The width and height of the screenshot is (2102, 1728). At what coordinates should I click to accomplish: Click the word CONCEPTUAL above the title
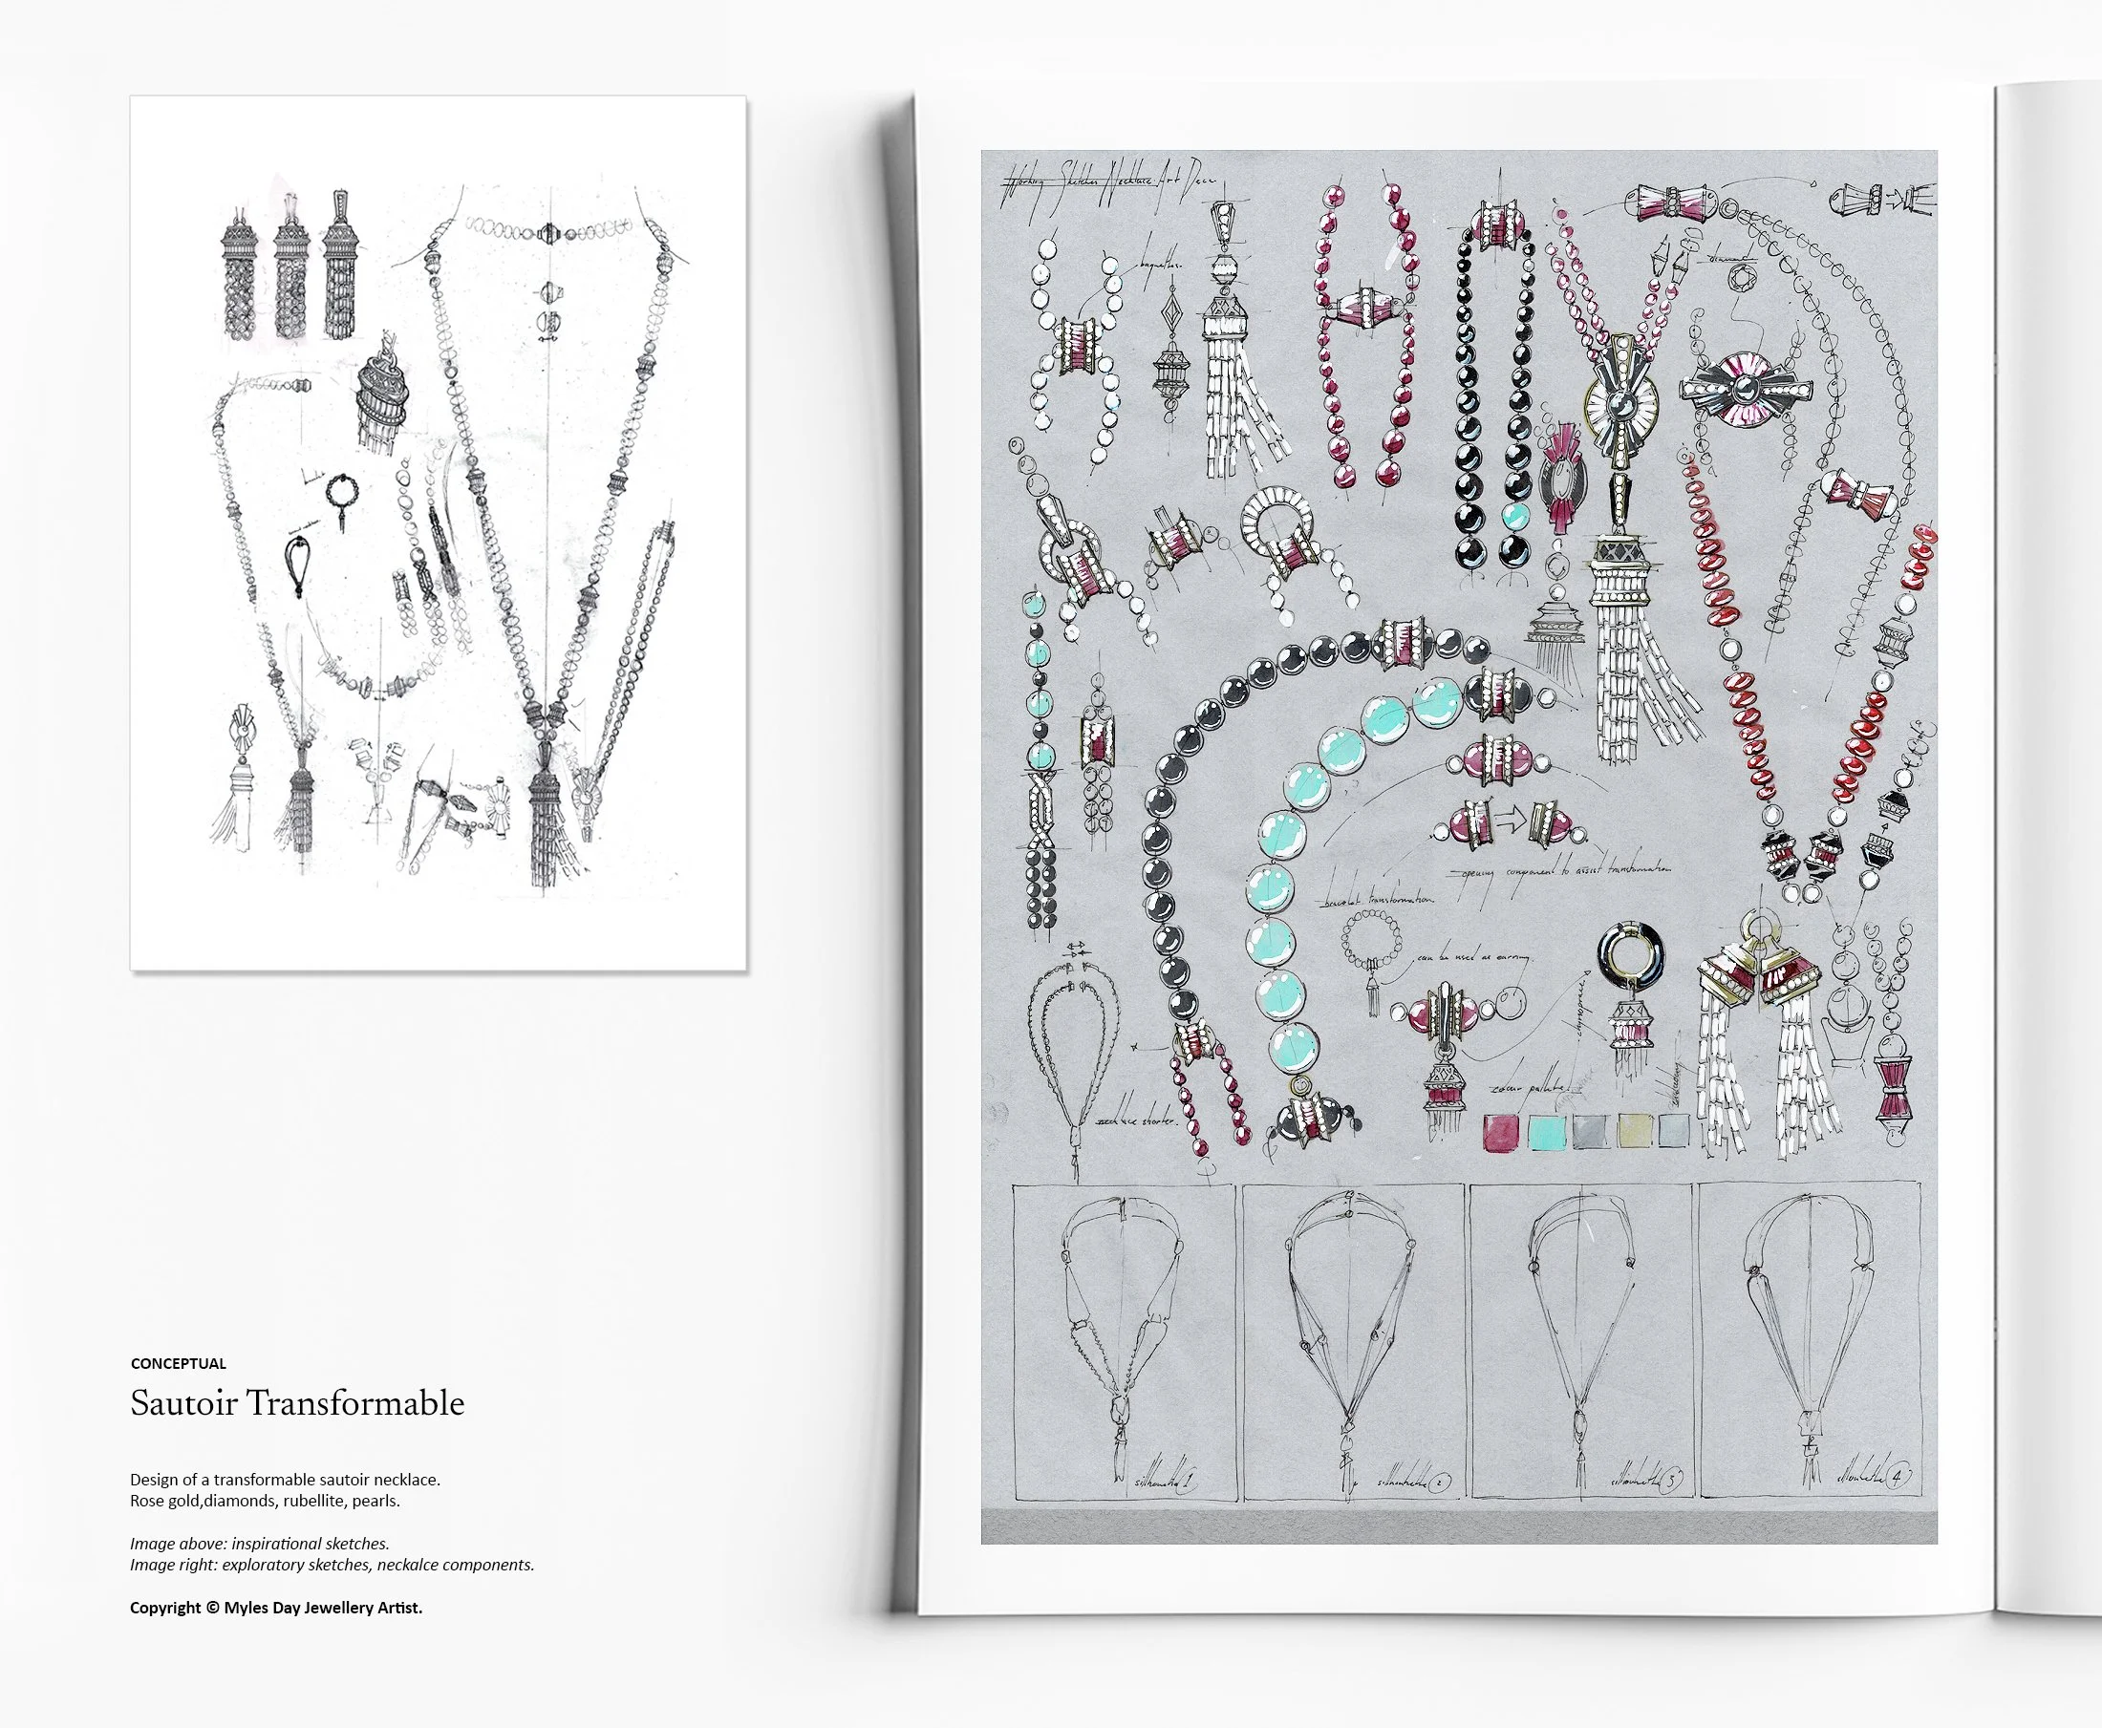(x=179, y=1364)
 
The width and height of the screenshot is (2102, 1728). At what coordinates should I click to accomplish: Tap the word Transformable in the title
(x=355, y=1402)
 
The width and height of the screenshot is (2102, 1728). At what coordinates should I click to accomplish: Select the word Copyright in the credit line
(x=165, y=1607)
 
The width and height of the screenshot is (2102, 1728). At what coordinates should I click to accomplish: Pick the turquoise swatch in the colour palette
(x=1545, y=1132)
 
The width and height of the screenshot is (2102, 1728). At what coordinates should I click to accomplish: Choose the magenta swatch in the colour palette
(x=1501, y=1132)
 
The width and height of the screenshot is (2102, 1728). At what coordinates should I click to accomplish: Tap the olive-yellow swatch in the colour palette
(x=1635, y=1131)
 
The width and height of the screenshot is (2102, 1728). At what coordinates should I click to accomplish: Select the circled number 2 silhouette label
(x=1438, y=1483)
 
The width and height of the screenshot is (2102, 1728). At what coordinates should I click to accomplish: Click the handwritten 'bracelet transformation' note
(x=1379, y=899)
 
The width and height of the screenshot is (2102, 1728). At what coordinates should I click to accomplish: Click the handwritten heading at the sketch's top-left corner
(x=1105, y=182)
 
